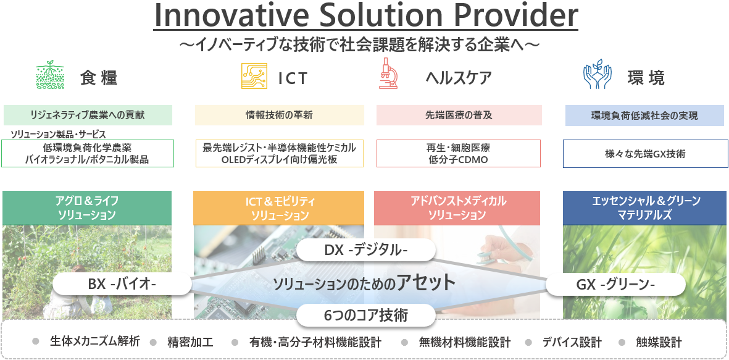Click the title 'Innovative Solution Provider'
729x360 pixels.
coord(365,15)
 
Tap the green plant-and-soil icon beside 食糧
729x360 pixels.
coord(50,75)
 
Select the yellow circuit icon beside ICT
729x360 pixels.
coord(254,76)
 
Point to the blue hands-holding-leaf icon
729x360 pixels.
coord(598,74)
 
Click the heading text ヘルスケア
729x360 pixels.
coord(459,78)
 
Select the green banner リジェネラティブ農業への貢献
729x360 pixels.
coord(88,115)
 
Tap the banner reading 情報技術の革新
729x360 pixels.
coord(280,115)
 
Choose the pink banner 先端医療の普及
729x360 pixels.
coord(459,115)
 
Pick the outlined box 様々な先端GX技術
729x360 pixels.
coord(645,154)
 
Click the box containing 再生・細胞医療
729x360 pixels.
coord(459,154)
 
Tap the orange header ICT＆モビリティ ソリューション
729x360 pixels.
coord(279,208)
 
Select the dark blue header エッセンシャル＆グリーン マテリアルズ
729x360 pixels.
coord(645,208)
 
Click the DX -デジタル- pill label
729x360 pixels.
coord(366,250)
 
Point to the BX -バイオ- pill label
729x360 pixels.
coord(122,283)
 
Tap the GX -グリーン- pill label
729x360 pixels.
coord(615,283)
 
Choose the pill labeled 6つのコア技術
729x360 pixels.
coord(366,316)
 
